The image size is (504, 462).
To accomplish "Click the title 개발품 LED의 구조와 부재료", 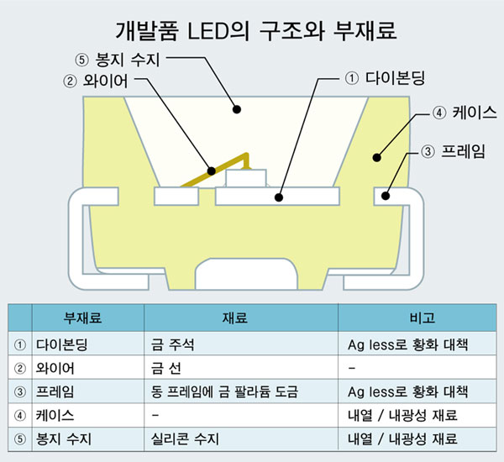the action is [255, 31].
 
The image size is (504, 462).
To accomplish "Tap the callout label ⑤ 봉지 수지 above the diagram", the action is [118, 60].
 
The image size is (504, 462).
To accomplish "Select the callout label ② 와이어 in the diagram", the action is [96, 81].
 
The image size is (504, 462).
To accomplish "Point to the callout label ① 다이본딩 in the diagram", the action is [385, 78].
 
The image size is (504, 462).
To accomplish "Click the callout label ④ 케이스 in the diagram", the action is [465, 113].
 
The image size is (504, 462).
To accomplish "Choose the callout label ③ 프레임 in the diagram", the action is [453, 151].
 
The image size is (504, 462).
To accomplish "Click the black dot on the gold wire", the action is [211, 171].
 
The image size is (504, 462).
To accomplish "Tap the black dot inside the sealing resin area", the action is [237, 109].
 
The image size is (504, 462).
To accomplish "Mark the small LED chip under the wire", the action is [246, 178].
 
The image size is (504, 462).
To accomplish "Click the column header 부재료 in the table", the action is [82, 318].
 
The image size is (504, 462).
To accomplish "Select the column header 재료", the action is [235, 318].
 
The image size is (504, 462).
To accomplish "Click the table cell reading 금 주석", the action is [172, 344].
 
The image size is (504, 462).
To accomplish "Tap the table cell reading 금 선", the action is [165, 368].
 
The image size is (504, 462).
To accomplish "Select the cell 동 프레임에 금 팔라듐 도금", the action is [224, 391].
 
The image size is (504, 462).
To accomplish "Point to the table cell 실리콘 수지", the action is [185, 438].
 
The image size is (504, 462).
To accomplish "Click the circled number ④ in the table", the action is [20, 416].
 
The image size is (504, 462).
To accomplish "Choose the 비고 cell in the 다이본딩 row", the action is [407, 344].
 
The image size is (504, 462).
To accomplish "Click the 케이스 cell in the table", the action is [55, 416].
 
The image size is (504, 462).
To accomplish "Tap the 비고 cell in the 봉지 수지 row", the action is [402, 438].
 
